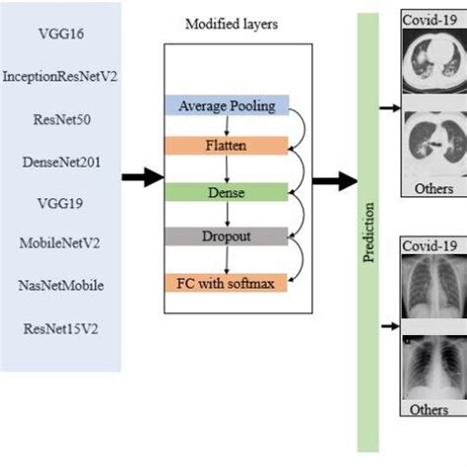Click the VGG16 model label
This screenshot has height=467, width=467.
[x=60, y=33]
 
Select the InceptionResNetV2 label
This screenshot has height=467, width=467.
[x=60, y=75]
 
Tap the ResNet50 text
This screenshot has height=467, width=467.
[x=60, y=116]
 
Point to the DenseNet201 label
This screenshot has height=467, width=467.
[x=60, y=159]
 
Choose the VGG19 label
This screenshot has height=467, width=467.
[x=60, y=201]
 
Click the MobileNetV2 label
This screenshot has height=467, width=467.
[x=60, y=242]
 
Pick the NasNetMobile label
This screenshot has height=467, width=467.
[x=60, y=285]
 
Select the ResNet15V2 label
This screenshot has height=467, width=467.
[x=60, y=327]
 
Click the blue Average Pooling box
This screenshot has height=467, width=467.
[x=228, y=105]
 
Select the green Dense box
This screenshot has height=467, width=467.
[x=228, y=191]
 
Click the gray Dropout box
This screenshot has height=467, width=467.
[x=228, y=237]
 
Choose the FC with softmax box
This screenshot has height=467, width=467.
[x=228, y=283]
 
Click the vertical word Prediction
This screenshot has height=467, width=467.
[x=368, y=231]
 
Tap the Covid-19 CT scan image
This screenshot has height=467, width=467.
[x=434, y=63]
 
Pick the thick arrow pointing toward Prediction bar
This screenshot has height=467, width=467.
[x=334, y=179]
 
